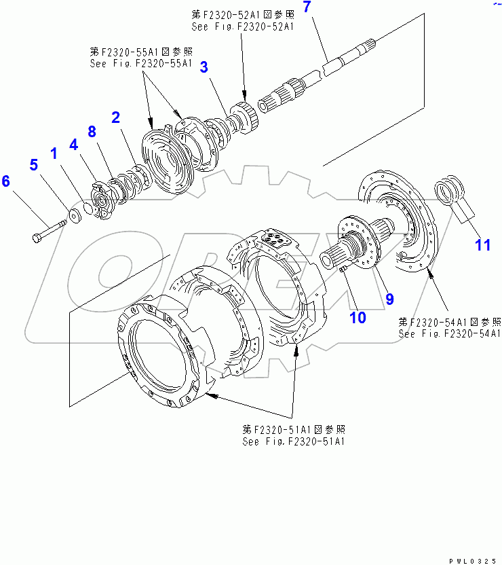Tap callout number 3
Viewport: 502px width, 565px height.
(204, 67)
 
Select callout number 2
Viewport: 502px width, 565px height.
(116, 117)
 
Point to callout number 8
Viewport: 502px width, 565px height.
(92, 131)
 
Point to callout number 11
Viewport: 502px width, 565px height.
(482, 245)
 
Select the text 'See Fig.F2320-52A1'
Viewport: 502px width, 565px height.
(242, 26)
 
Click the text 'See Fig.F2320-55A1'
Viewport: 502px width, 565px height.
(141, 64)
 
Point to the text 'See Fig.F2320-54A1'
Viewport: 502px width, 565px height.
(450, 333)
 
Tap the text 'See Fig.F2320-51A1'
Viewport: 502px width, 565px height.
(294, 441)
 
